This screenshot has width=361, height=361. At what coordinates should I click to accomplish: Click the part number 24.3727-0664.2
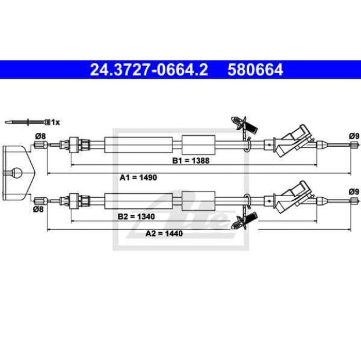[x=149, y=70]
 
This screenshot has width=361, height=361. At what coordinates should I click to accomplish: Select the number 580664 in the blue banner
[x=255, y=70]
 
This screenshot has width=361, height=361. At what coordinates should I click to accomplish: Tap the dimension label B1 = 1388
[x=191, y=161]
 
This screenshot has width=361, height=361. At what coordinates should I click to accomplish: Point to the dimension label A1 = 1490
[x=138, y=178]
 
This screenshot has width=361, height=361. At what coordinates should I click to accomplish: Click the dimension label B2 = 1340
[x=136, y=216]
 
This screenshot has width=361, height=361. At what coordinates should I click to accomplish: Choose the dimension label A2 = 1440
[x=164, y=233]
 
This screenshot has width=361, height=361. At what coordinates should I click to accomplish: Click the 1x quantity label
[x=55, y=122]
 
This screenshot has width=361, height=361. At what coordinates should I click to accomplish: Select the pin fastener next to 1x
[x=27, y=122]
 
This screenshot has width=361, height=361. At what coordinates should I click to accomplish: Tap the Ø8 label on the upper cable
[x=41, y=136]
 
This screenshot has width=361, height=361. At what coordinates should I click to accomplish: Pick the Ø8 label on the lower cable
[x=38, y=210]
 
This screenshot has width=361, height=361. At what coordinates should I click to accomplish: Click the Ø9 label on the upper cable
[x=354, y=136]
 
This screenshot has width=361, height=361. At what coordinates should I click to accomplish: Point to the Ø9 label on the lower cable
[x=354, y=192]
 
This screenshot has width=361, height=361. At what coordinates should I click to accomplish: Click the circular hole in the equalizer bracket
[x=16, y=172]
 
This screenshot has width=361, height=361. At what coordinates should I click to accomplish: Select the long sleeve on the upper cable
[x=138, y=145]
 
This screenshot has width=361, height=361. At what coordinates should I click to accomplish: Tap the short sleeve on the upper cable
[x=198, y=145]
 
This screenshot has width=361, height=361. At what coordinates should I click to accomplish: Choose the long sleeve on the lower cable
[x=138, y=201]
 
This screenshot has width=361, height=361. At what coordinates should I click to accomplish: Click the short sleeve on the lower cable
[x=198, y=201]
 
